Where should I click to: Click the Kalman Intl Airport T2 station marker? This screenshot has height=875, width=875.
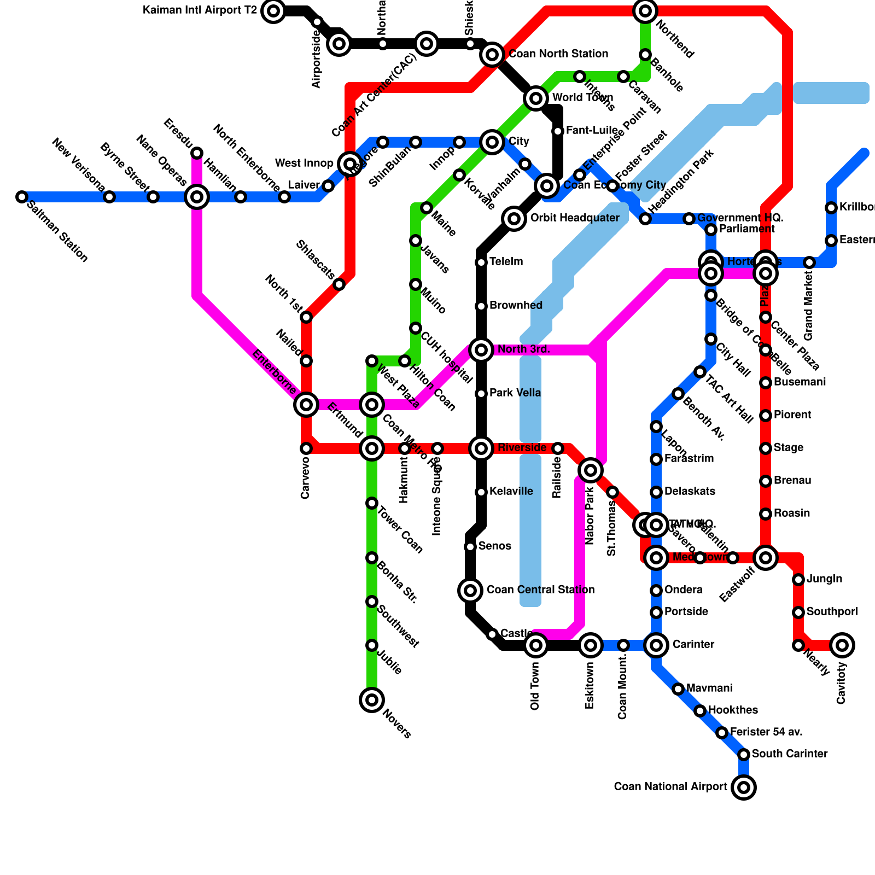click(x=273, y=10)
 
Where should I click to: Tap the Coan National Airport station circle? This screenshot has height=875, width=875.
click(x=744, y=787)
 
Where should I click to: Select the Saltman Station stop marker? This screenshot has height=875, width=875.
click(x=22, y=197)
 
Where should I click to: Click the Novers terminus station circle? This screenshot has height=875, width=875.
click(x=372, y=700)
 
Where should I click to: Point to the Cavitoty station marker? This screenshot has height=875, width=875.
click(x=842, y=645)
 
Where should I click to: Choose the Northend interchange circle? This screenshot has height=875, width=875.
click(x=645, y=10)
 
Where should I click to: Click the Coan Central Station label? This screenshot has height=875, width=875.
click(x=540, y=590)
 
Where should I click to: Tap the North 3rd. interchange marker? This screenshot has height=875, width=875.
click(x=481, y=350)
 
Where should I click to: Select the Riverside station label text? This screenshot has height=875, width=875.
click(x=522, y=448)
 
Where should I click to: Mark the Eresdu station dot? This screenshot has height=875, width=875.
click(x=197, y=153)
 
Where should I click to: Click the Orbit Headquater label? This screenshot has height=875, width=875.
click(x=575, y=218)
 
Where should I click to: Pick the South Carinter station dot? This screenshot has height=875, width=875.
click(x=744, y=755)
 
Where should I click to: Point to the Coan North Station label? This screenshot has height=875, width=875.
click(x=558, y=54)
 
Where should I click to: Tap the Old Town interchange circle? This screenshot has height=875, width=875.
click(x=536, y=645)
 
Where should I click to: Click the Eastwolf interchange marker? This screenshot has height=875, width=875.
click(x=766, y=558)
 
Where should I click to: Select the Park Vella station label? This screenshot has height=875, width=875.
click(x=515, y=393)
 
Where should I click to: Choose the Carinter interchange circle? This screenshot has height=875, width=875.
click(x=656, y=645)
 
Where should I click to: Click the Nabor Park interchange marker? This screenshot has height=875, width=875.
click(x=591, y=470)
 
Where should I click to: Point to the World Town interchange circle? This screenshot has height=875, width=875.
click(x=536, y=98)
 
